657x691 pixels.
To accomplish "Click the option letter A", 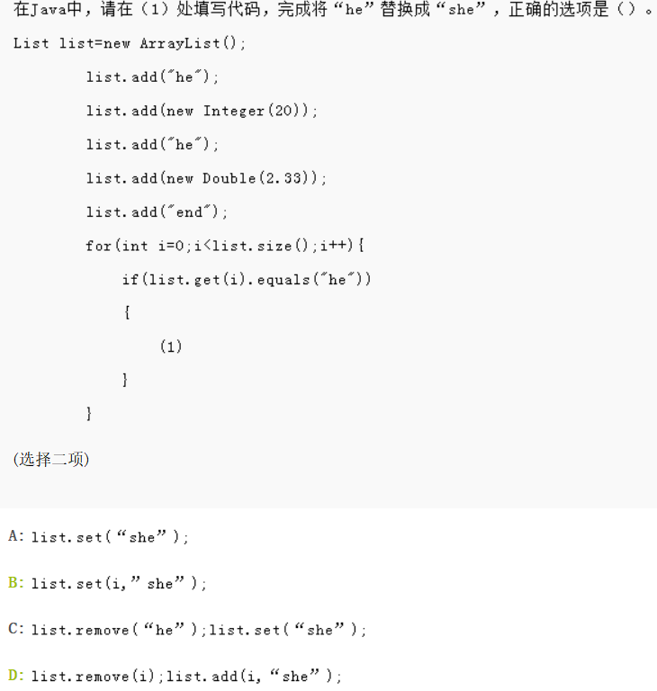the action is [x=14, y=536].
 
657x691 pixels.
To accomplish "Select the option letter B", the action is [x=14, y=583].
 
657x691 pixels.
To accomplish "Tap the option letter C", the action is [x=14, y=629].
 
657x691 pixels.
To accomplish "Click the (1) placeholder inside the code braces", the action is [x=171, y=346].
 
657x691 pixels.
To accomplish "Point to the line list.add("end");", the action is [x=157, y=212].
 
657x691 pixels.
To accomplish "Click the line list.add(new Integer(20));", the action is [x=202, y=111].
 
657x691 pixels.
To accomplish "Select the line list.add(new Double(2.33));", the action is [x=207, y=178].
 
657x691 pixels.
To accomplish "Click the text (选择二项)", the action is [x=50, y=460].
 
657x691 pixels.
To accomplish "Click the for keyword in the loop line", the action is [x=98, y=246].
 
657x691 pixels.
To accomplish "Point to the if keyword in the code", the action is [x=130, y=280].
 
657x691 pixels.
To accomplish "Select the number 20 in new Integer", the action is [x=288, y=111].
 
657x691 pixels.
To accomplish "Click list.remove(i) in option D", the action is [x=95, y=676].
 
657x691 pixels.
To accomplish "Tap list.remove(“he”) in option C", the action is [x=117, y=630].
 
